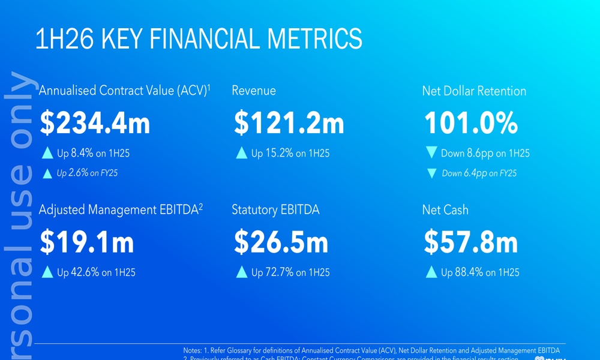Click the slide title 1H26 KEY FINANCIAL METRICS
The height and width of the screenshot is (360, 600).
(x=199, y=38)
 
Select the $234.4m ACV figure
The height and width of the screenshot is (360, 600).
(x=95, y=124)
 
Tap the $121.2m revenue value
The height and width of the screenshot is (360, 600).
(x=289, y=124)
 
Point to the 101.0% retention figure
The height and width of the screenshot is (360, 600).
(x=471, y=124)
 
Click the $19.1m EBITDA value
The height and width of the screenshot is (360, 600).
(x=87, y=242)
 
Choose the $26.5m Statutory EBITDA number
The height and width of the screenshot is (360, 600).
(x=281, y=242)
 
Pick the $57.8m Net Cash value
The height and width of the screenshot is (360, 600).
(x=470, y=242)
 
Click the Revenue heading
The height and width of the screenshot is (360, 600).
(x=254, y=91)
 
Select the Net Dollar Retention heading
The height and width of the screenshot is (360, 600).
(x=474, y=91)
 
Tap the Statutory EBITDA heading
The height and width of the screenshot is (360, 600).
(x=275, y=210)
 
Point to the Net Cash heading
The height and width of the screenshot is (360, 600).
(x=445, y=210)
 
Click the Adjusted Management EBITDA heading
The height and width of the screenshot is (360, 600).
(x=121, y=210)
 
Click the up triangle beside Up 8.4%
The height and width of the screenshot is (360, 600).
(x=47, y=153)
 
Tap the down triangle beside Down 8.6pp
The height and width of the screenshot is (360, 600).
(x=431, y=153)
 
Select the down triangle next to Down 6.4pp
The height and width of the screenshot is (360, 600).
(x=431, y=173)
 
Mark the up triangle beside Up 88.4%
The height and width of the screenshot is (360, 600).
(x=431, y=272)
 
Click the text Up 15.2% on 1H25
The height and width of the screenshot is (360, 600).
(x=290, y=154)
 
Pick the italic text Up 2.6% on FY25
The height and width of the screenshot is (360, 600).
(x=87, y=173)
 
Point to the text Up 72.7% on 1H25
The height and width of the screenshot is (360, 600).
(x=290, y=272)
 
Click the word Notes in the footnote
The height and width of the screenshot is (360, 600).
(x=194, y=350)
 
